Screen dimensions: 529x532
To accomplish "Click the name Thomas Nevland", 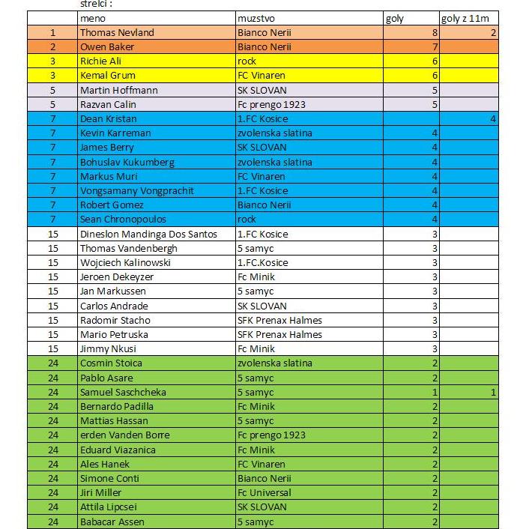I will (x=117, y=32).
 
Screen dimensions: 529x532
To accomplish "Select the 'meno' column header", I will (x=94, y=18).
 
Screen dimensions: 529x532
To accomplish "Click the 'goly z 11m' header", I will (x=465, y=18).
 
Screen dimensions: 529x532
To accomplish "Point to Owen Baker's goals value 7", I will (x=434, y=46).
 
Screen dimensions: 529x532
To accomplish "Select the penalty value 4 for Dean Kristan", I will (x=493, y=118).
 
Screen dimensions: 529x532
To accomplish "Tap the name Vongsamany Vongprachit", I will (x=132, y=190).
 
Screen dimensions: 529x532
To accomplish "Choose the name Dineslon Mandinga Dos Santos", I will (x=148, y=234).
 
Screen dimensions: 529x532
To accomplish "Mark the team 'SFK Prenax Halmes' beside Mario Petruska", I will (x=279, y=334).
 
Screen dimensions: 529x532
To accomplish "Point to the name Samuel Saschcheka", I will (x=123, y=392).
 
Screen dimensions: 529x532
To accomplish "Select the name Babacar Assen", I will (x=112, y=522).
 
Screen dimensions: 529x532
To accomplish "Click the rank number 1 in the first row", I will (x=53, y=32).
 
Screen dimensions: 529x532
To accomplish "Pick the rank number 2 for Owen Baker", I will (x=53, y=46).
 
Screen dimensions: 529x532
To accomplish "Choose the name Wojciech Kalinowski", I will (x=125, y=262).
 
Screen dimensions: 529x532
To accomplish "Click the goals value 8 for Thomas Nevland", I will (x=434, y=32).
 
